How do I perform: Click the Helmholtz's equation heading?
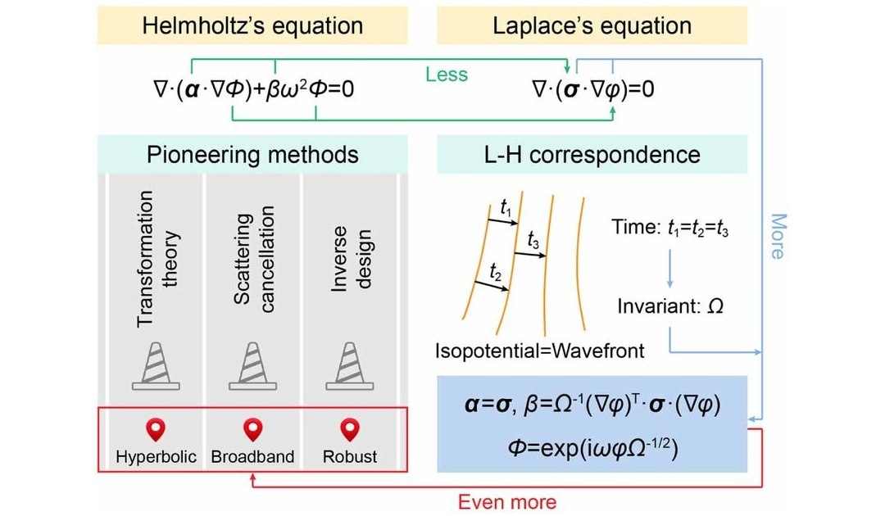pos(252,26)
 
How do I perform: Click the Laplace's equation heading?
pos(592,26)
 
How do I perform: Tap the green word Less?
pos(447,75)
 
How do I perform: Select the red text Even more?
pos(507,501)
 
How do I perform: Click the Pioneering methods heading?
pos(252,155)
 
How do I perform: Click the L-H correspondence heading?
pos(592,155)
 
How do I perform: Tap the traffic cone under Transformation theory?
pos(157,366)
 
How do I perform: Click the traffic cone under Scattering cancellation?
pos(253,366)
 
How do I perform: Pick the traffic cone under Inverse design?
pos(350,366)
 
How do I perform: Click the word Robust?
pos(350,456)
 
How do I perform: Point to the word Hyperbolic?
pos(157,457)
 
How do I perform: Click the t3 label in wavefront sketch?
pos(533,240)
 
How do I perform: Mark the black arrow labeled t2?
pos(491,286)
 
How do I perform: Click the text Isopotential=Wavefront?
pos(539,351)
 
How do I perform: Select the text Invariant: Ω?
pos(670,306)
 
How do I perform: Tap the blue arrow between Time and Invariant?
pos(670,268)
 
